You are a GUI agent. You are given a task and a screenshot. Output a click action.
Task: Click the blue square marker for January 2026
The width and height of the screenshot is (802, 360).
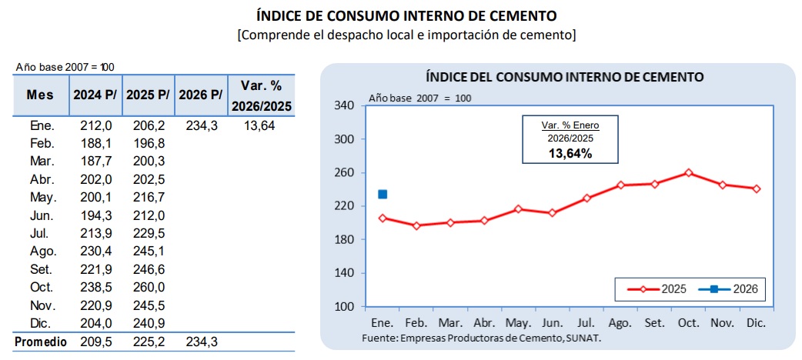[x=382, y=195]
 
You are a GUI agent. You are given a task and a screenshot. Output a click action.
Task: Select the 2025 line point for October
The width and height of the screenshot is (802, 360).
[x=688, y=173]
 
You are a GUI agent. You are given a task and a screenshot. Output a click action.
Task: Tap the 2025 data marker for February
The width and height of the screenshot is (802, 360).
[x=416, y=225]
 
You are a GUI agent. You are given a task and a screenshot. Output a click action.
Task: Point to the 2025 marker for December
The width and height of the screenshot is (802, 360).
[x=757, y=188]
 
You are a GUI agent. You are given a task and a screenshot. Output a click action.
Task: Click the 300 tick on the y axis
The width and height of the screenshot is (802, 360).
[x=346, y=139]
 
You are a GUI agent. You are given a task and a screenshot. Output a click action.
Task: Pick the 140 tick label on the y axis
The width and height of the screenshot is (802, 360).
[x=346, y=273]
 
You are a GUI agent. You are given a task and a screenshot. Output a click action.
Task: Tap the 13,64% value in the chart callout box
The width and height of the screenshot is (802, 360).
[x=570, y=153]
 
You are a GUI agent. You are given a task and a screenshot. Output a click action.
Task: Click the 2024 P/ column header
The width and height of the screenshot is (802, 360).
[x=95, y=95]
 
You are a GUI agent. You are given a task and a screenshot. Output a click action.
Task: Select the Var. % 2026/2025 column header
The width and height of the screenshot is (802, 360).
[x=262, y=95]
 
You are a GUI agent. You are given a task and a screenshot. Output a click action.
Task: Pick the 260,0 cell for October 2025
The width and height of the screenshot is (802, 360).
[x=149, y=288]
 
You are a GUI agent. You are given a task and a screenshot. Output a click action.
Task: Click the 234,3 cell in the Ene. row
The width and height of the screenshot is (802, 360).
[x=202, y=125]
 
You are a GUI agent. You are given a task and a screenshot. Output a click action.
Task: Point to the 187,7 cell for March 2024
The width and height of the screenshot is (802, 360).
[x=95, y=162]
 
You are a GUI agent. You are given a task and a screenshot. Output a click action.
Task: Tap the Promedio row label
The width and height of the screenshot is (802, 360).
[x=40, y=342]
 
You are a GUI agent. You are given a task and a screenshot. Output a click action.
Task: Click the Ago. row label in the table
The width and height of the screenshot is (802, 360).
[x=42, y=252]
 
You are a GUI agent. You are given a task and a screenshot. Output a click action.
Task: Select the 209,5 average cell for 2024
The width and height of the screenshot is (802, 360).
[x=95, y=342]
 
